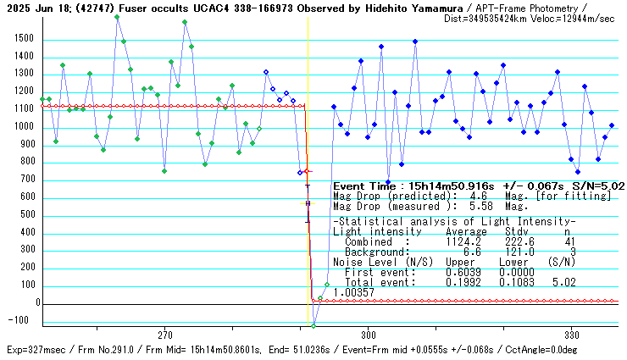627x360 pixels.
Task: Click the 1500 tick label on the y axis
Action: click(20, 39)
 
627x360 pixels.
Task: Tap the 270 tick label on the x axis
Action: click(165, 334)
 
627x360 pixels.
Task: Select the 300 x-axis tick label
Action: click(368, 334)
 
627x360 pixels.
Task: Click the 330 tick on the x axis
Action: click(571, 334)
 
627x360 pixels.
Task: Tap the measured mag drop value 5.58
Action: click(492, 206)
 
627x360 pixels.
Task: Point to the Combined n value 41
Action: click(569, 241)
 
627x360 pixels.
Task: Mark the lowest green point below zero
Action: click(313, 325)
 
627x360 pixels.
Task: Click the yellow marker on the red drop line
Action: click(307, 203)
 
